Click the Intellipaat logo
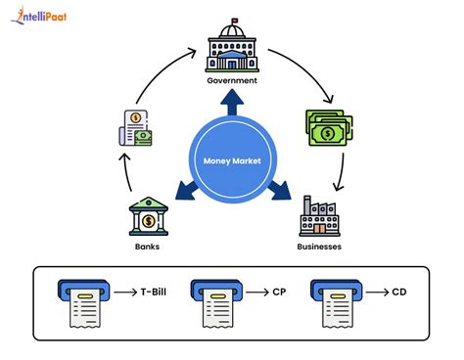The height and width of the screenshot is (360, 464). pyautogui.click(x=38, y=16)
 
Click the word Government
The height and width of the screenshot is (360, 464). pyautogui.click(x=232, y=80)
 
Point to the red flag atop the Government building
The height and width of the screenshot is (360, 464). pyautogui.click(x=234, y=21)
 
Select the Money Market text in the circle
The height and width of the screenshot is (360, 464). pyautogui.click(x=232, y=160)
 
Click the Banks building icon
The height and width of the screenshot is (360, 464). pyautogui.click(x=149, y=216)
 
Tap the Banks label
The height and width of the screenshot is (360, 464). pyautogui.click(x=147, y=247)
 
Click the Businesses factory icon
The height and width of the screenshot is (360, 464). pyautogui.click(x=319, y=216)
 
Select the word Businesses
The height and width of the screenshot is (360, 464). pyautogui.click(x=319, y=247)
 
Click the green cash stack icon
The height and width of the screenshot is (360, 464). pyautogui.click(x=329, y=128)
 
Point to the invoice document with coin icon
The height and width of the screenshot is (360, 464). pyautogui.click(x=135, y=128)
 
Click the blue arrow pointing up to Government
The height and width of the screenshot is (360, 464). pyautogui.click(x=232, y=102)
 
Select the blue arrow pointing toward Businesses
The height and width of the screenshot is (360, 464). pyautogui.click(x=279, y=191)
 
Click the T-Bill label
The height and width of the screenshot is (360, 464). pyautogui.click(x=154, y=292)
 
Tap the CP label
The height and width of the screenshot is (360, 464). pyautogui.click(x=279, y=292)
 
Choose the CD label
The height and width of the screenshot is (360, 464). pyautogui.click(x=399, y=292)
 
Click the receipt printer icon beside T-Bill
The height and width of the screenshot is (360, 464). pyautogui.click(x=84, y=303)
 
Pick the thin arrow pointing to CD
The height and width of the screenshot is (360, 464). pyautogui.click(x=378, y=292)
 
